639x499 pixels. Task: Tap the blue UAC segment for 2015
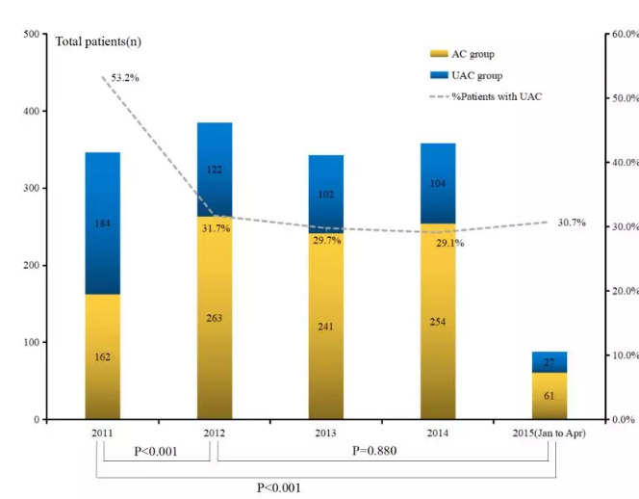550,360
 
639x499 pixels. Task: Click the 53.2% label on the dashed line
124,77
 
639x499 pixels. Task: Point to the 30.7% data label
571,223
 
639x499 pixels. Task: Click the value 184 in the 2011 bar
103,224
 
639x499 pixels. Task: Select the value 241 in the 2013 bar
326,326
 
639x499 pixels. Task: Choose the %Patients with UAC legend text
503,96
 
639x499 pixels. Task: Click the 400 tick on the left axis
31,112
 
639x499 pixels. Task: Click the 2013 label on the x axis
325,433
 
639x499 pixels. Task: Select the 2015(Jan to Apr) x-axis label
549,433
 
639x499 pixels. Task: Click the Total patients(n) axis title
99,41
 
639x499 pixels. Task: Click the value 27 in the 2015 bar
550,363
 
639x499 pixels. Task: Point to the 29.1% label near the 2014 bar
449,244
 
